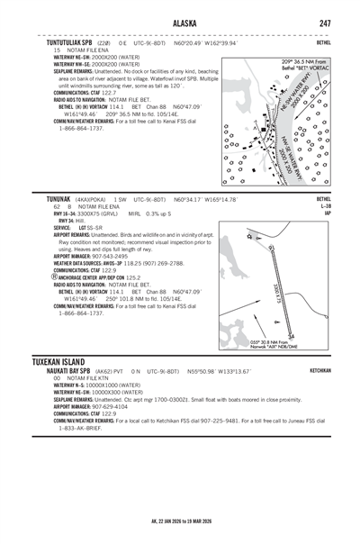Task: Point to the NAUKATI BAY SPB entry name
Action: [83, 370]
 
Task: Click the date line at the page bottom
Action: [180, 521]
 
